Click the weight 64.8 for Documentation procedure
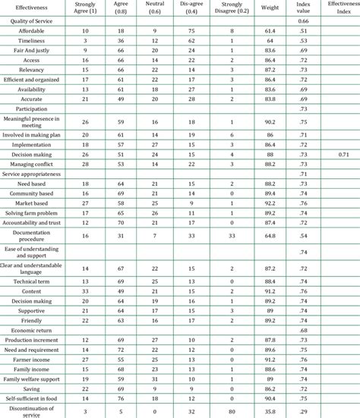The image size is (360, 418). click(x=270, y=236)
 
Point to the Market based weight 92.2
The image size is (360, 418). click(x=270, y=203)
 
